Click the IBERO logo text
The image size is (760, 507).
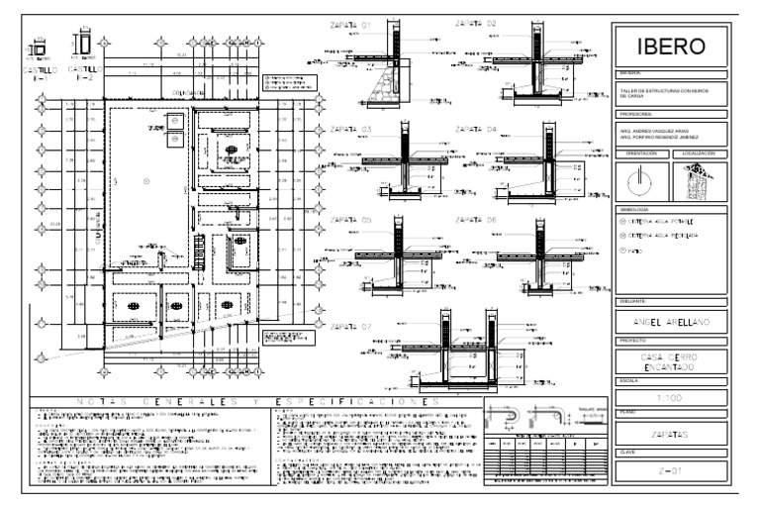pos(671,47)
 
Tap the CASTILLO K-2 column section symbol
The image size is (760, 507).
pos(85,46)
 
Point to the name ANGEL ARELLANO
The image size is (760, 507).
pos(671,321)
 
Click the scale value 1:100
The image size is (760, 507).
pos(671,399)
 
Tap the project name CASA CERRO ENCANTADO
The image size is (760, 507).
pos(671,362)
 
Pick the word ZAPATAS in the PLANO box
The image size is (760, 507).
pos(671,436)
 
